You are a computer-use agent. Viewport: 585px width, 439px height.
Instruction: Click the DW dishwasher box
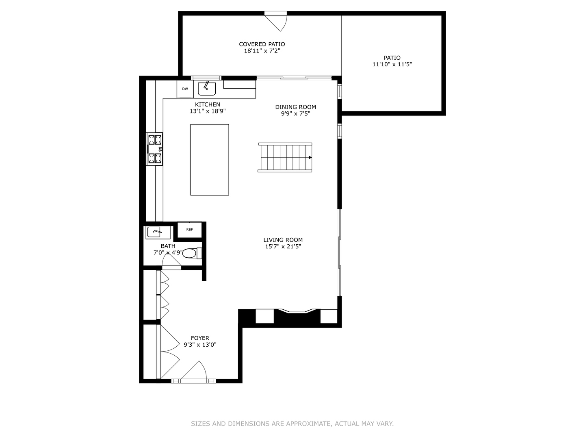[x=185, y=89]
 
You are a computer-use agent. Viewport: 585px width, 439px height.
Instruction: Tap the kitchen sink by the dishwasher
[x=207, y=88]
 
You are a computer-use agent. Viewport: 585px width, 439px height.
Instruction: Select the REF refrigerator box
[x=189, y=230]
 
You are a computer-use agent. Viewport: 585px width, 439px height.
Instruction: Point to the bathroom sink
[x=157, y=233]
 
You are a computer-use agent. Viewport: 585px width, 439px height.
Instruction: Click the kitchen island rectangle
[x=210, y=160]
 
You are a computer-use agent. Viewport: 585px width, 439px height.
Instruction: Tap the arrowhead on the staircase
[x=310, y=157]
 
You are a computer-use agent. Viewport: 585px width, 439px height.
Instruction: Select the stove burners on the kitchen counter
[x=155, y=149]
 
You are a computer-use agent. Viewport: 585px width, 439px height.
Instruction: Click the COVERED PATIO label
[x=262, y=44]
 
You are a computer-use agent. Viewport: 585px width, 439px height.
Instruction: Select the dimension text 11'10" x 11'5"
[x=392, y=64]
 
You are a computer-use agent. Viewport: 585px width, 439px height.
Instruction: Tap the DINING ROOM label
[x=295, y=107]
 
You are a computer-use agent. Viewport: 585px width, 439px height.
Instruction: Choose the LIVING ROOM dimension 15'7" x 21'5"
[x=283, y=246]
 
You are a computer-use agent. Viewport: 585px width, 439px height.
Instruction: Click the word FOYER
[x=200, y=338]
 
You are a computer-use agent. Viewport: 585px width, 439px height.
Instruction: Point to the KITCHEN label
[x=207, y=104]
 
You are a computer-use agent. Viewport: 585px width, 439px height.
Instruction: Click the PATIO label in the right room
[x=392, y=58]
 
